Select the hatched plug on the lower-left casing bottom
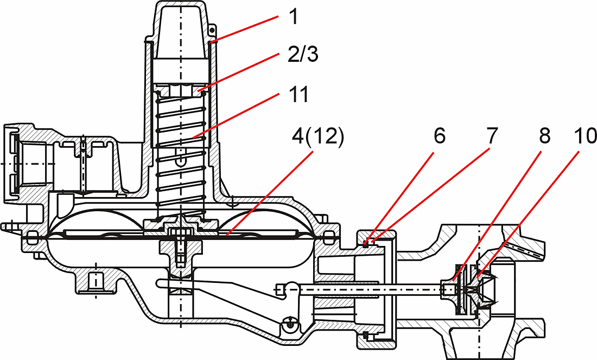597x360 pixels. tap(96, 281)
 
